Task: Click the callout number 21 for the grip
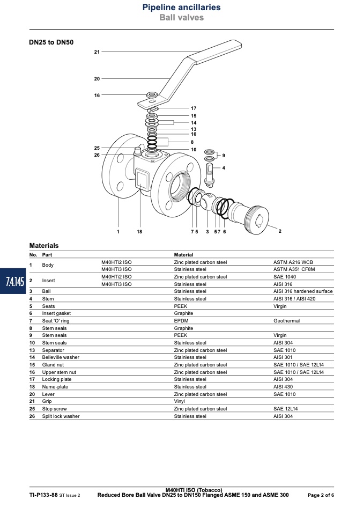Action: click(97, 52)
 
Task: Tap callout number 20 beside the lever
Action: click(97, 79)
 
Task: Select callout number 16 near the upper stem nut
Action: click(97, 96)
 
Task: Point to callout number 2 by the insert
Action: click(280, 231)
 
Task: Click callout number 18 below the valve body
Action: click(139, 232)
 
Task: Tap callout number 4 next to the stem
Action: click(224, 168)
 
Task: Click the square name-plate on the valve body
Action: click(142, 179)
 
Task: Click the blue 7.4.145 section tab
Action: click(13, 281)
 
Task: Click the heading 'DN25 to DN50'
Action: click(51, 42)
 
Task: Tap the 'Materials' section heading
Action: click(44, 246)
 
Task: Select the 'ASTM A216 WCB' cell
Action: click(293, 262)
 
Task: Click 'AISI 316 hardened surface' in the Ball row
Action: click(303, 291)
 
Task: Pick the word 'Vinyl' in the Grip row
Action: click(179, 401)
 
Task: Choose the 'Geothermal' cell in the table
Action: click(286, 321)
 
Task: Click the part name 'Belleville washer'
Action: click(61, 357)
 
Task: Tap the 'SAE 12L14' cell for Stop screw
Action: click(285, 409)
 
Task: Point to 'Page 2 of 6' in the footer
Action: click(321, 495)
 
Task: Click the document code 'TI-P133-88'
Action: click(43, 495)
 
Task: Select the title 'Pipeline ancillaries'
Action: click(181, 7)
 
